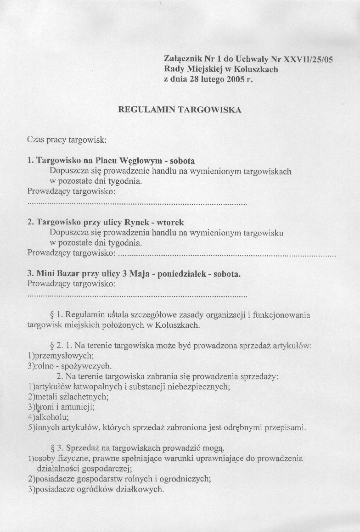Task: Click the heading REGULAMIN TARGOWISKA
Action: click(x=180, y=110)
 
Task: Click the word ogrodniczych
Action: click(x=183, y=479)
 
